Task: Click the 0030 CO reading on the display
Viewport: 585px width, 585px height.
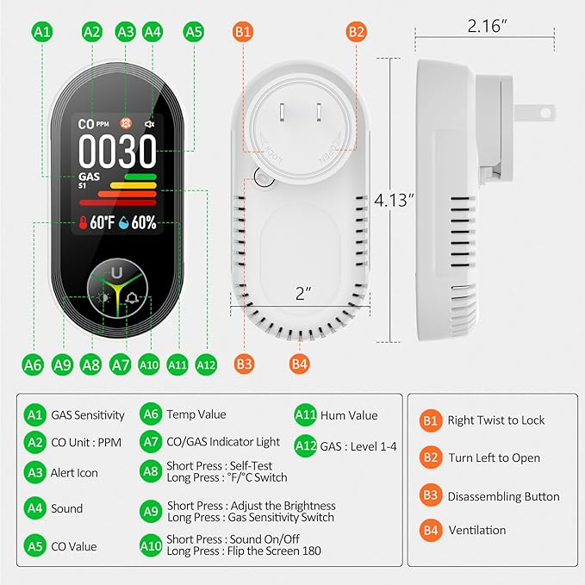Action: (117, 151)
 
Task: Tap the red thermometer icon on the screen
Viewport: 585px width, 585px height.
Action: (83, 223)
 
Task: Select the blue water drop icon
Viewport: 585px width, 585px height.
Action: (123, 223)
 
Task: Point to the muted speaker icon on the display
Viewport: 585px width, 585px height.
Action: (150, 124)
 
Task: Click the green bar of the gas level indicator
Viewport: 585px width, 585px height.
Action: (140, 177)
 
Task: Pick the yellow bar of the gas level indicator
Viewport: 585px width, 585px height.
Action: (134, 185)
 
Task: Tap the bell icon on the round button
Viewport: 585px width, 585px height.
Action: (132, 298)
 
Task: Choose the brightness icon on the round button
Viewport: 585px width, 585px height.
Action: (103, 298)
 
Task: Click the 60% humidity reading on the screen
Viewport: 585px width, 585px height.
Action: (144, 223)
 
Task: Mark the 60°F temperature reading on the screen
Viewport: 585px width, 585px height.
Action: (103, 223)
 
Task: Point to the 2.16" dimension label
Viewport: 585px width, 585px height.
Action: (488, 26)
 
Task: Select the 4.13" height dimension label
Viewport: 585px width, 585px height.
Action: (394, 200)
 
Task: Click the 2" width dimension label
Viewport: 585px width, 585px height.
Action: (303, 293)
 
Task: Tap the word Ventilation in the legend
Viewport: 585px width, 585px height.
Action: (477, 530)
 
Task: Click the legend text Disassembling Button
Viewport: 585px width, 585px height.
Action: (504, 496)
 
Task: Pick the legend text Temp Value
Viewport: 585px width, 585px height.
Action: (196, 414)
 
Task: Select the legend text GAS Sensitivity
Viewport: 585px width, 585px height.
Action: (88, 415)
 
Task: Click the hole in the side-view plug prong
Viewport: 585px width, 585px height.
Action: (545, 113)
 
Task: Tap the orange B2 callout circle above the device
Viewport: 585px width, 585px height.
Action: (357, 32)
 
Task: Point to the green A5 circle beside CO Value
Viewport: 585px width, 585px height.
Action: (35, 546)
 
